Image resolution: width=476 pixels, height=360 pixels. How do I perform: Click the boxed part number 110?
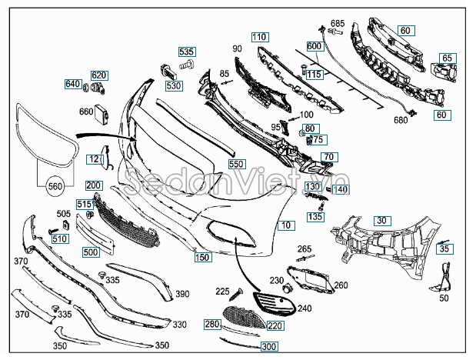coord(260,37)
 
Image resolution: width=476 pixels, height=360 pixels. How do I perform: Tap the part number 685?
coord(338,23)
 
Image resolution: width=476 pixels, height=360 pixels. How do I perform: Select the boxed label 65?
coord(448,58)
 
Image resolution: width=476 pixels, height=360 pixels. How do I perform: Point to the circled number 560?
coord(55,186)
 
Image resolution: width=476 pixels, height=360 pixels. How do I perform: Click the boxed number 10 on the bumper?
coord(286,225)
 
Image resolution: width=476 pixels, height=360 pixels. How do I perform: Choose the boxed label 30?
coord(382,221)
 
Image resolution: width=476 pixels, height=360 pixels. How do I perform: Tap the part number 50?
coord(444,298)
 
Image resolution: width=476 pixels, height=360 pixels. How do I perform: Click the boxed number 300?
coord(269,346)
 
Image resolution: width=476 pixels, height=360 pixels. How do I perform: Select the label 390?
coord(182,294)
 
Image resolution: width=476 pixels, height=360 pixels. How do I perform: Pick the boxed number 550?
coord(237,164)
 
